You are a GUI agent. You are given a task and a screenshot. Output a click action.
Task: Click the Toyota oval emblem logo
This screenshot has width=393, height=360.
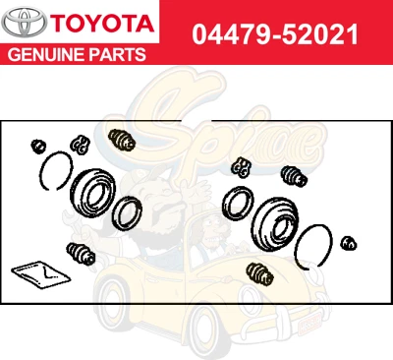24,23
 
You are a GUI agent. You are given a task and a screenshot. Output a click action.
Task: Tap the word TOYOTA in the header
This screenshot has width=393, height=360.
99,23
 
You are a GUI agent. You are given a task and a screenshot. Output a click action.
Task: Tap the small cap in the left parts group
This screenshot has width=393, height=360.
39,146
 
